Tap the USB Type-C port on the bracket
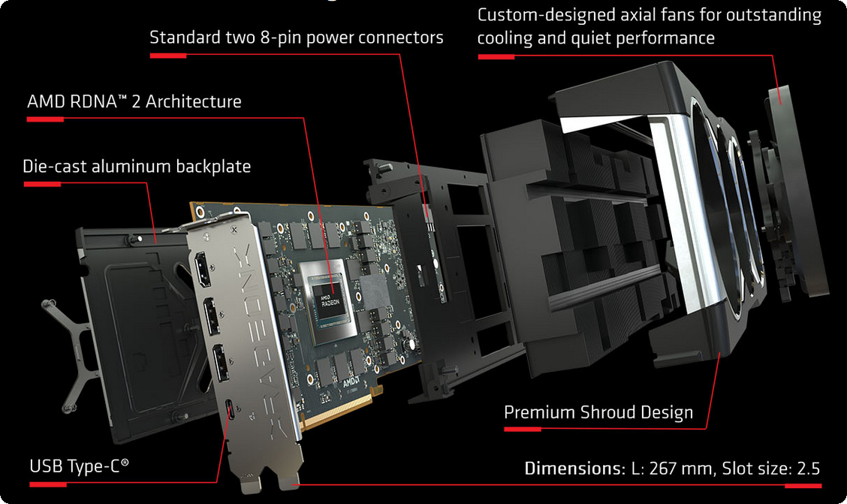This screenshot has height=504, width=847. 228,412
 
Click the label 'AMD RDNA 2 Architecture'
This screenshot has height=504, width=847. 134,101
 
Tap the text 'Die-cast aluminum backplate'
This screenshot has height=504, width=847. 137,166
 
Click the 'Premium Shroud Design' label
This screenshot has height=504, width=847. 598,412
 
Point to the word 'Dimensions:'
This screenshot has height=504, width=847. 573,469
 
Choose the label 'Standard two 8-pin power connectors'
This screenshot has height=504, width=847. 296,37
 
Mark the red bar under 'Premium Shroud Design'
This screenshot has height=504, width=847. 522,430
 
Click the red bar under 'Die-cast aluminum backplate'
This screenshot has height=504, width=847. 42,183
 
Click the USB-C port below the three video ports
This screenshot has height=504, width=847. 228,412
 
